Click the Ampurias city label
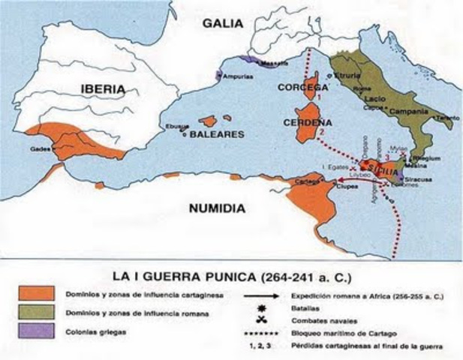[238, 75]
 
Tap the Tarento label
[440, 118]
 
